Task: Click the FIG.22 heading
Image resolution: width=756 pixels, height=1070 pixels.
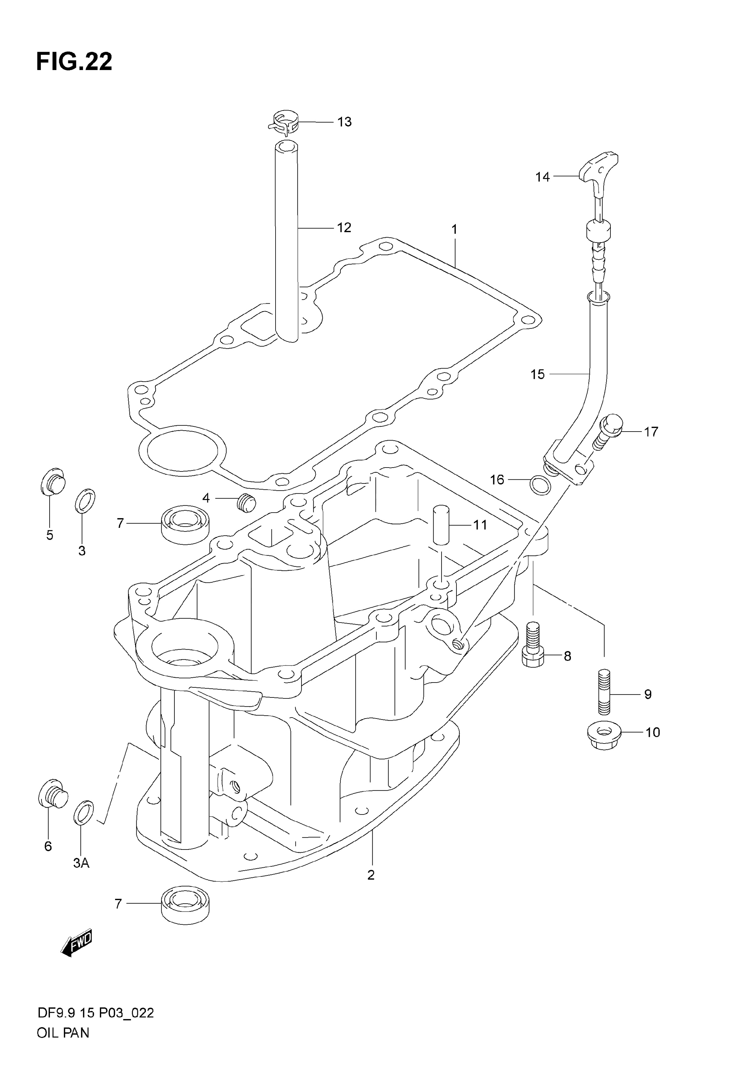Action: coord(74,62)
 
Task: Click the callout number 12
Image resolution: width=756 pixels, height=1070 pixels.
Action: coord(344,228)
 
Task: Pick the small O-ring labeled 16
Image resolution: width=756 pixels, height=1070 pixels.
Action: coord(540,485)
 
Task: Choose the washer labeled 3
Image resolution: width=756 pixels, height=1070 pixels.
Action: coord(85,500)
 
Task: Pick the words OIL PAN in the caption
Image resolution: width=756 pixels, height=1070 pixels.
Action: coord(63,1046)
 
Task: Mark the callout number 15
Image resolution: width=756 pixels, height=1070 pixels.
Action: coord(537,374)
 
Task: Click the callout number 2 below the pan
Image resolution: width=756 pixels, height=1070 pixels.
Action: coord(371,875)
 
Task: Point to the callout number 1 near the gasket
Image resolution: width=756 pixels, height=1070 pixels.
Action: coord(454,229)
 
